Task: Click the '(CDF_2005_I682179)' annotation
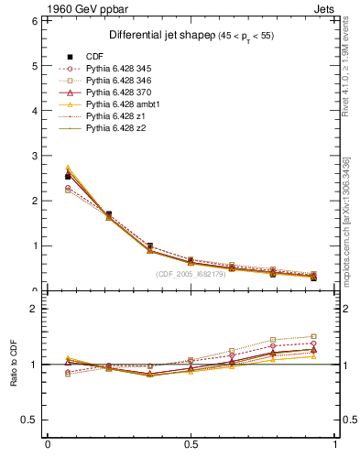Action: click(191, 273)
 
